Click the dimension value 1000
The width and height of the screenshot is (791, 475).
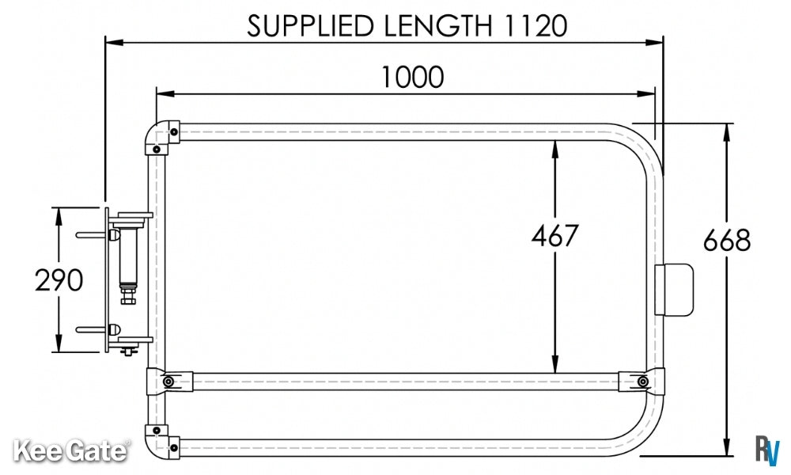(x=412, y=78)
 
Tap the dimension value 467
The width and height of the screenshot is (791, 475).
(x=554, y=236)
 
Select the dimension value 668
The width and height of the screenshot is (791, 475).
(x=727, y=241)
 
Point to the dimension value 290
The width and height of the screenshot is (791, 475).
(x=59, y=280)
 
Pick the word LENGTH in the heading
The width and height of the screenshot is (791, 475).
(x=438, y=26)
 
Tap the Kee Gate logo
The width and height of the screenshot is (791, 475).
(x=70, y=450)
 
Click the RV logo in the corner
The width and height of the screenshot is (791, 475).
(x=767, y=449)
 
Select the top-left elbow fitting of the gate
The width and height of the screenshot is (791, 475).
(x=161, y=136)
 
